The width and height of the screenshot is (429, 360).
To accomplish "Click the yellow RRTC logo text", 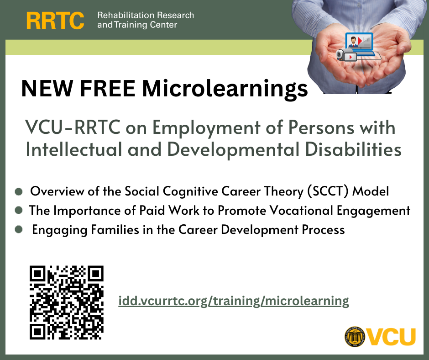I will coord(55,20).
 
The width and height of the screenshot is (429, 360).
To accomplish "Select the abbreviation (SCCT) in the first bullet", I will coord(328,191).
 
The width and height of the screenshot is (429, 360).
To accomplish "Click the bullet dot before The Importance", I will coord(19,210).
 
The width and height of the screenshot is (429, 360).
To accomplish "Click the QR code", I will coord(66,302).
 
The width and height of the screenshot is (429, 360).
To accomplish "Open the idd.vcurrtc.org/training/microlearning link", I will coord(233,301).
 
